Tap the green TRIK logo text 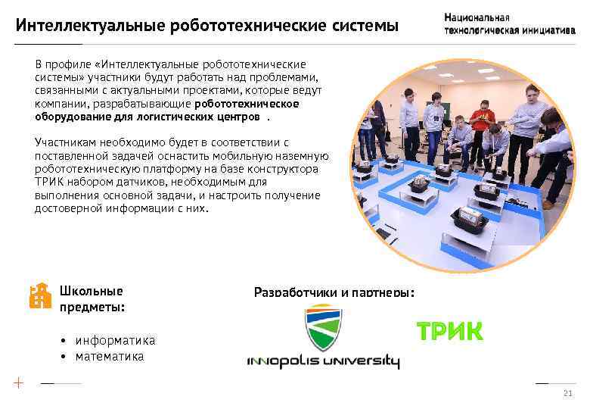coord(449,332)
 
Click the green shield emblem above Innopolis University coord(323,327)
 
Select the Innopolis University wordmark coord(323,361)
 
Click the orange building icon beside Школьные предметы coord(39,296)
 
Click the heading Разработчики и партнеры coord(334,292)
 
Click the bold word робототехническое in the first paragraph coord(247,104)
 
